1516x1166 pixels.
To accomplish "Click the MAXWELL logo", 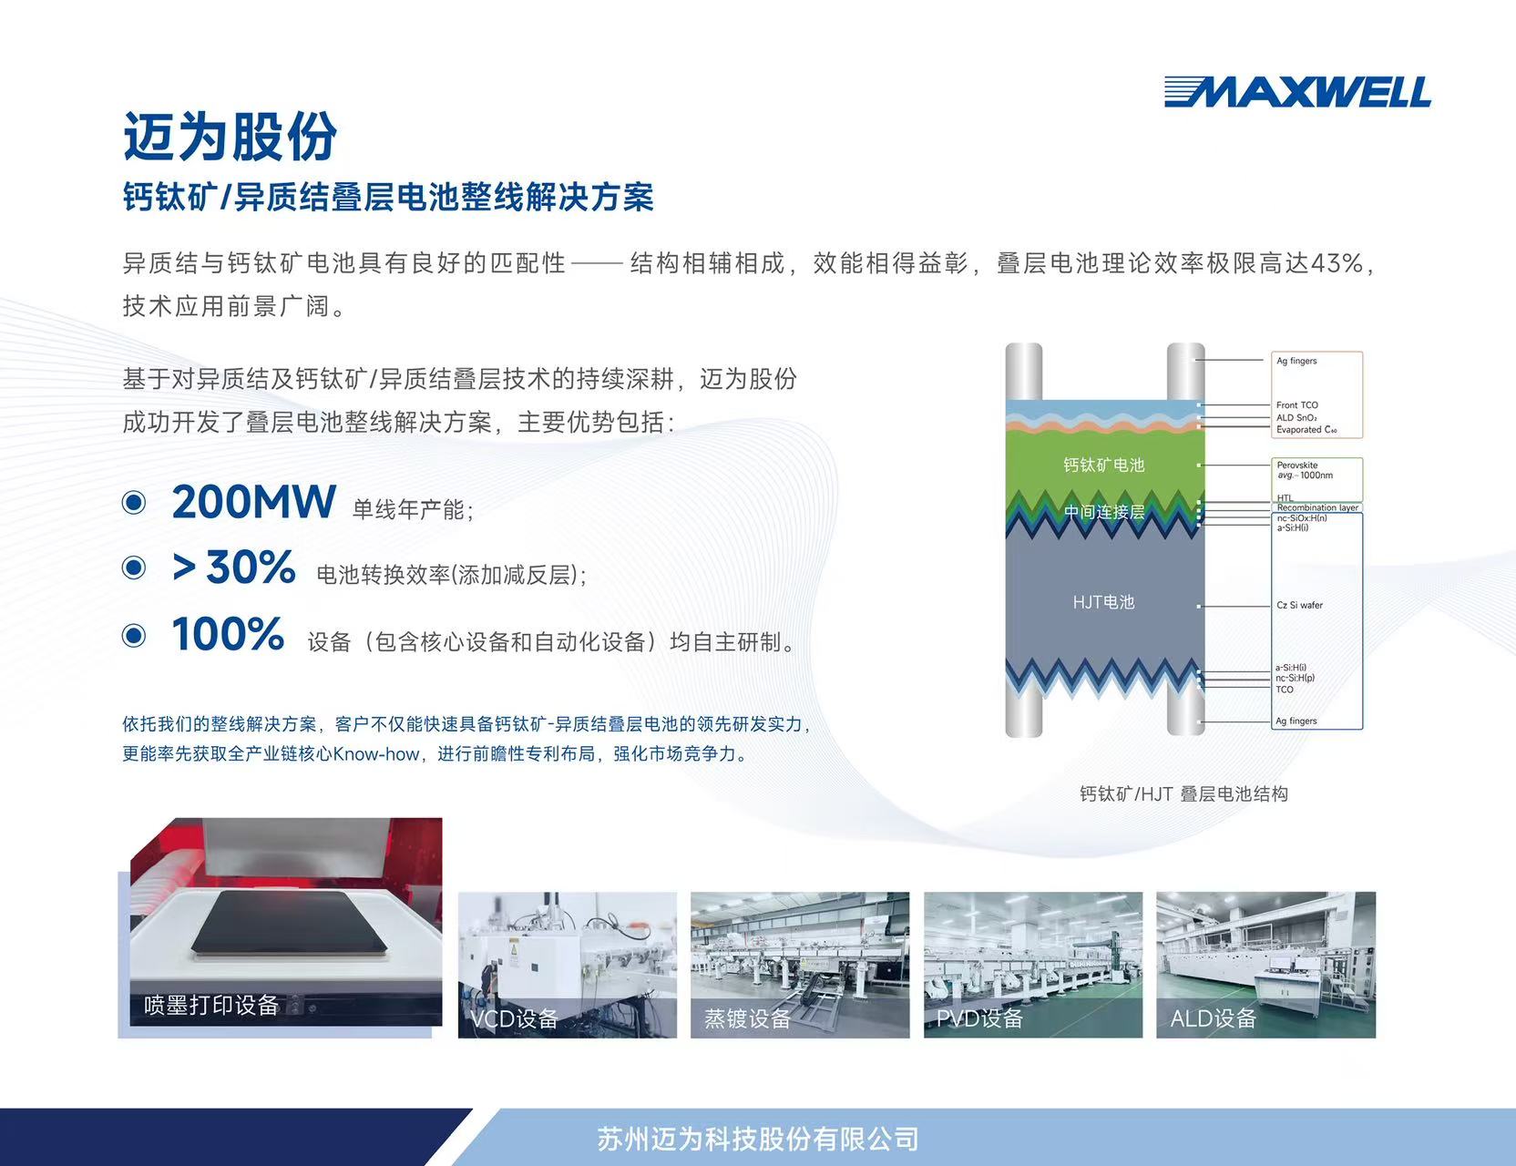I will (x=1296, y=92).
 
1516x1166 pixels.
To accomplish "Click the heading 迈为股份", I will (x=230, y=138).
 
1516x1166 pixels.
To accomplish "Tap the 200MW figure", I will (x=253, y=502).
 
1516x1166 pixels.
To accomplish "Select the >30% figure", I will (x=233, y=568).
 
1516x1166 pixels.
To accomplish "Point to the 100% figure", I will (x=228, y=634).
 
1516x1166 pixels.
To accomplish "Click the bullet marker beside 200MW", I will (x=134, y=502).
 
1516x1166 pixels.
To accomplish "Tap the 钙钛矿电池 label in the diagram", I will (x=1103, y=465).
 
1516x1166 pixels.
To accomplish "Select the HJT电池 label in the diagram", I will (x=1103, y=602).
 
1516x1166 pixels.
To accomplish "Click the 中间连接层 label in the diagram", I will (x=1103, y=512).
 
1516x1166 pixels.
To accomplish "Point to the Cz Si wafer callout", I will (x=1299, y=605).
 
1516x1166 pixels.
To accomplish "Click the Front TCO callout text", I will (x=1296, y=405).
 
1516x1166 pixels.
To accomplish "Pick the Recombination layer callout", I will (x=1316, y=507).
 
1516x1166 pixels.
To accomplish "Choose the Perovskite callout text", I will (x=1296, y=465).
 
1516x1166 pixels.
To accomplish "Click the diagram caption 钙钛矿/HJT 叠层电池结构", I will (x=1183, y=794).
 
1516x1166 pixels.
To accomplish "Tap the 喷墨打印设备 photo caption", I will (x=211, y=1005).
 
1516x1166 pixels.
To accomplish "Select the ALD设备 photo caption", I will (x=1213, y=1018).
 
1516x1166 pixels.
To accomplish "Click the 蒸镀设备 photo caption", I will (x=747, y=1018).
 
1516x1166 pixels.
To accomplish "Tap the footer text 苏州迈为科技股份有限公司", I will (x=757, y=1139).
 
